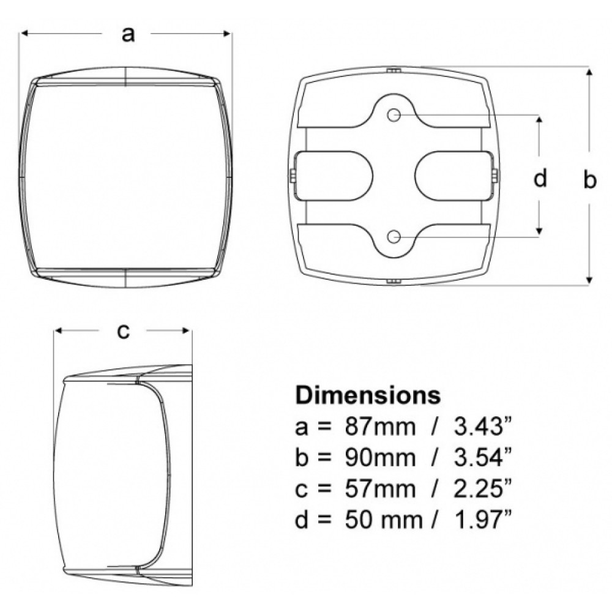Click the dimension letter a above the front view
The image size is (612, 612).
point(128,34)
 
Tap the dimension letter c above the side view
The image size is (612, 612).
point(123,331)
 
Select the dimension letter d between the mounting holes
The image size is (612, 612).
point(540,177)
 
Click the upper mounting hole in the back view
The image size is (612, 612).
point(394,115)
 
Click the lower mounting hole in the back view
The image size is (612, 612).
point(394,236)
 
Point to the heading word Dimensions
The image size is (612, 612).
point(368,395)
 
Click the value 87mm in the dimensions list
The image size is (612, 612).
point(380,427)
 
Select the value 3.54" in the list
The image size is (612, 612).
point(483,458)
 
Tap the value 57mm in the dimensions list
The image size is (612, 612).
point(380,488)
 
